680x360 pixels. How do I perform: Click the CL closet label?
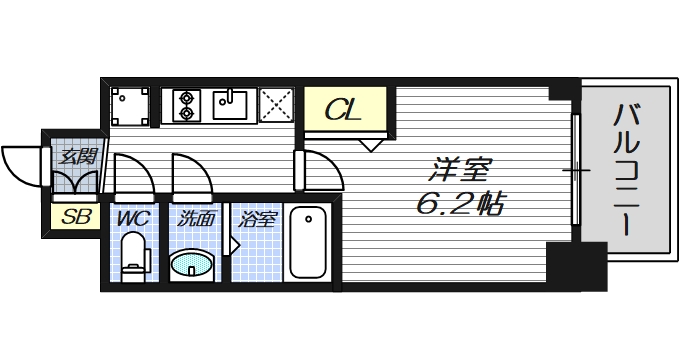coord(343,110)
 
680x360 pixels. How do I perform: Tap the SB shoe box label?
coord(76,217)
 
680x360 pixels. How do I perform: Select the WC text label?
coord(133,219)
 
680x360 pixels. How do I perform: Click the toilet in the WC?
coord(134,257)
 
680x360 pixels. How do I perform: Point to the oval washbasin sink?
coord(192,263)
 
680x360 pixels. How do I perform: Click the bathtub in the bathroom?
coord(308,242)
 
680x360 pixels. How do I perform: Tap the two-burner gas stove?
coord(186,105)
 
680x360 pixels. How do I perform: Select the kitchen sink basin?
coord(229,105)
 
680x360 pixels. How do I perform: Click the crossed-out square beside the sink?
coord(276,105)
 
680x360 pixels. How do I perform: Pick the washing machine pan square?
coord(130,106)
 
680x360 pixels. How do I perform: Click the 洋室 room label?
coord(459,170)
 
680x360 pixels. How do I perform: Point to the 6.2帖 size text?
coord(461,203)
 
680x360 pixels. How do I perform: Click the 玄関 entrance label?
coord(78,156)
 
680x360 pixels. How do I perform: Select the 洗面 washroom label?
coord(196,219)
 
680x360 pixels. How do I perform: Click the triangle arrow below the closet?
coord(371,145)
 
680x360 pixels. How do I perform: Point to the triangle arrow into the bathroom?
coord(234,245)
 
